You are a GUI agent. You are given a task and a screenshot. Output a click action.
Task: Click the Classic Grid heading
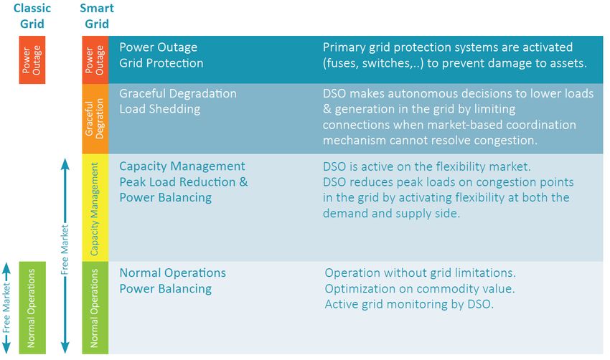[x=32, y=16]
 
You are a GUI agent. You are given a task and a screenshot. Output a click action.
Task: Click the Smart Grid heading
[x=97, y=16]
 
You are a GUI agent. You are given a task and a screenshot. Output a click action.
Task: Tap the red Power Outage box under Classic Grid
[x=32, y=60]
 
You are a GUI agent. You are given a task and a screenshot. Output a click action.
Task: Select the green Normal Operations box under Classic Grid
[x=32, y=308]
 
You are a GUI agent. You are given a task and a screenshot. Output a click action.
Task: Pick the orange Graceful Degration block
[x=95, y=118]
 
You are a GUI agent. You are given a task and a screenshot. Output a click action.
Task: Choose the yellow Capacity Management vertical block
[x=95, y=207]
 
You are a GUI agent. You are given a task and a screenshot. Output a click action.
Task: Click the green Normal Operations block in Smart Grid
[x=95, y=308]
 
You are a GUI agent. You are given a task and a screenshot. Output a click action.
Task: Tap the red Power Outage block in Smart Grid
[x=95, y=60]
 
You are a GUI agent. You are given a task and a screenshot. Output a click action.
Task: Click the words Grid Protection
[x=161, y=63]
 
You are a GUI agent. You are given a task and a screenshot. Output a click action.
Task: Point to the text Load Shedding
[x=159, y=109]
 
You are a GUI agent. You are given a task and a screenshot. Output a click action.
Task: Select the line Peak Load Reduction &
[x=183, y=182]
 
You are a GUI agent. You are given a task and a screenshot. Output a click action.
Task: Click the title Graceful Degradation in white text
[x=178, y=94]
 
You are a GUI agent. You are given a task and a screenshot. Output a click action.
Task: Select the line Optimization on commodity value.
[x=420, y=289]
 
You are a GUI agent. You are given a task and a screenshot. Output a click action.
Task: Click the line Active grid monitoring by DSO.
[x=409, y=304]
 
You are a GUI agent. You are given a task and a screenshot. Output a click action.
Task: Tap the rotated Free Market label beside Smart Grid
[x=65, y=250]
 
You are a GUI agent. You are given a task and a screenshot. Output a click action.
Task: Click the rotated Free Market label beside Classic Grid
[x=6, y=308]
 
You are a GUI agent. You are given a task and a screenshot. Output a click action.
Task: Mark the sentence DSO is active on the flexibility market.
[x=427, y=167]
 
